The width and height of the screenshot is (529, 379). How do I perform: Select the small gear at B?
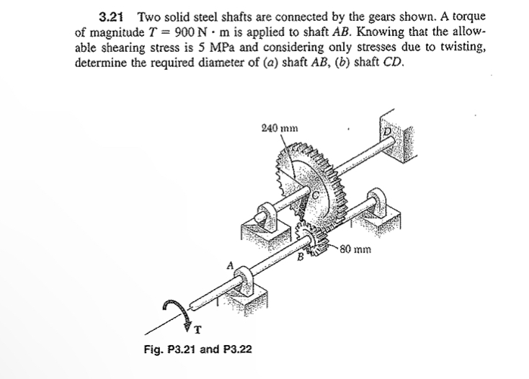pyautogui.click(x=311, y=238)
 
